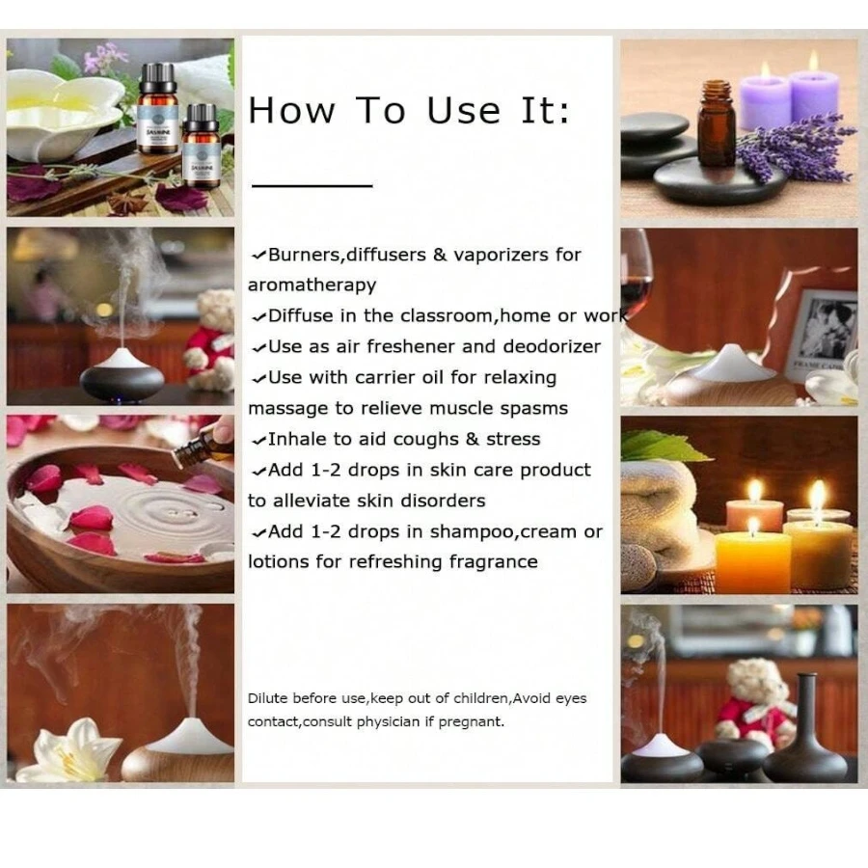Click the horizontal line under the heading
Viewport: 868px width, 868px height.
(312, 184)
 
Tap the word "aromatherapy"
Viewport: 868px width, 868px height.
(312, 285)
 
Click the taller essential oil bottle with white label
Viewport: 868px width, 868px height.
(158, 108)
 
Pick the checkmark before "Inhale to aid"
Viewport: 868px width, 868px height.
(258, 441)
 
